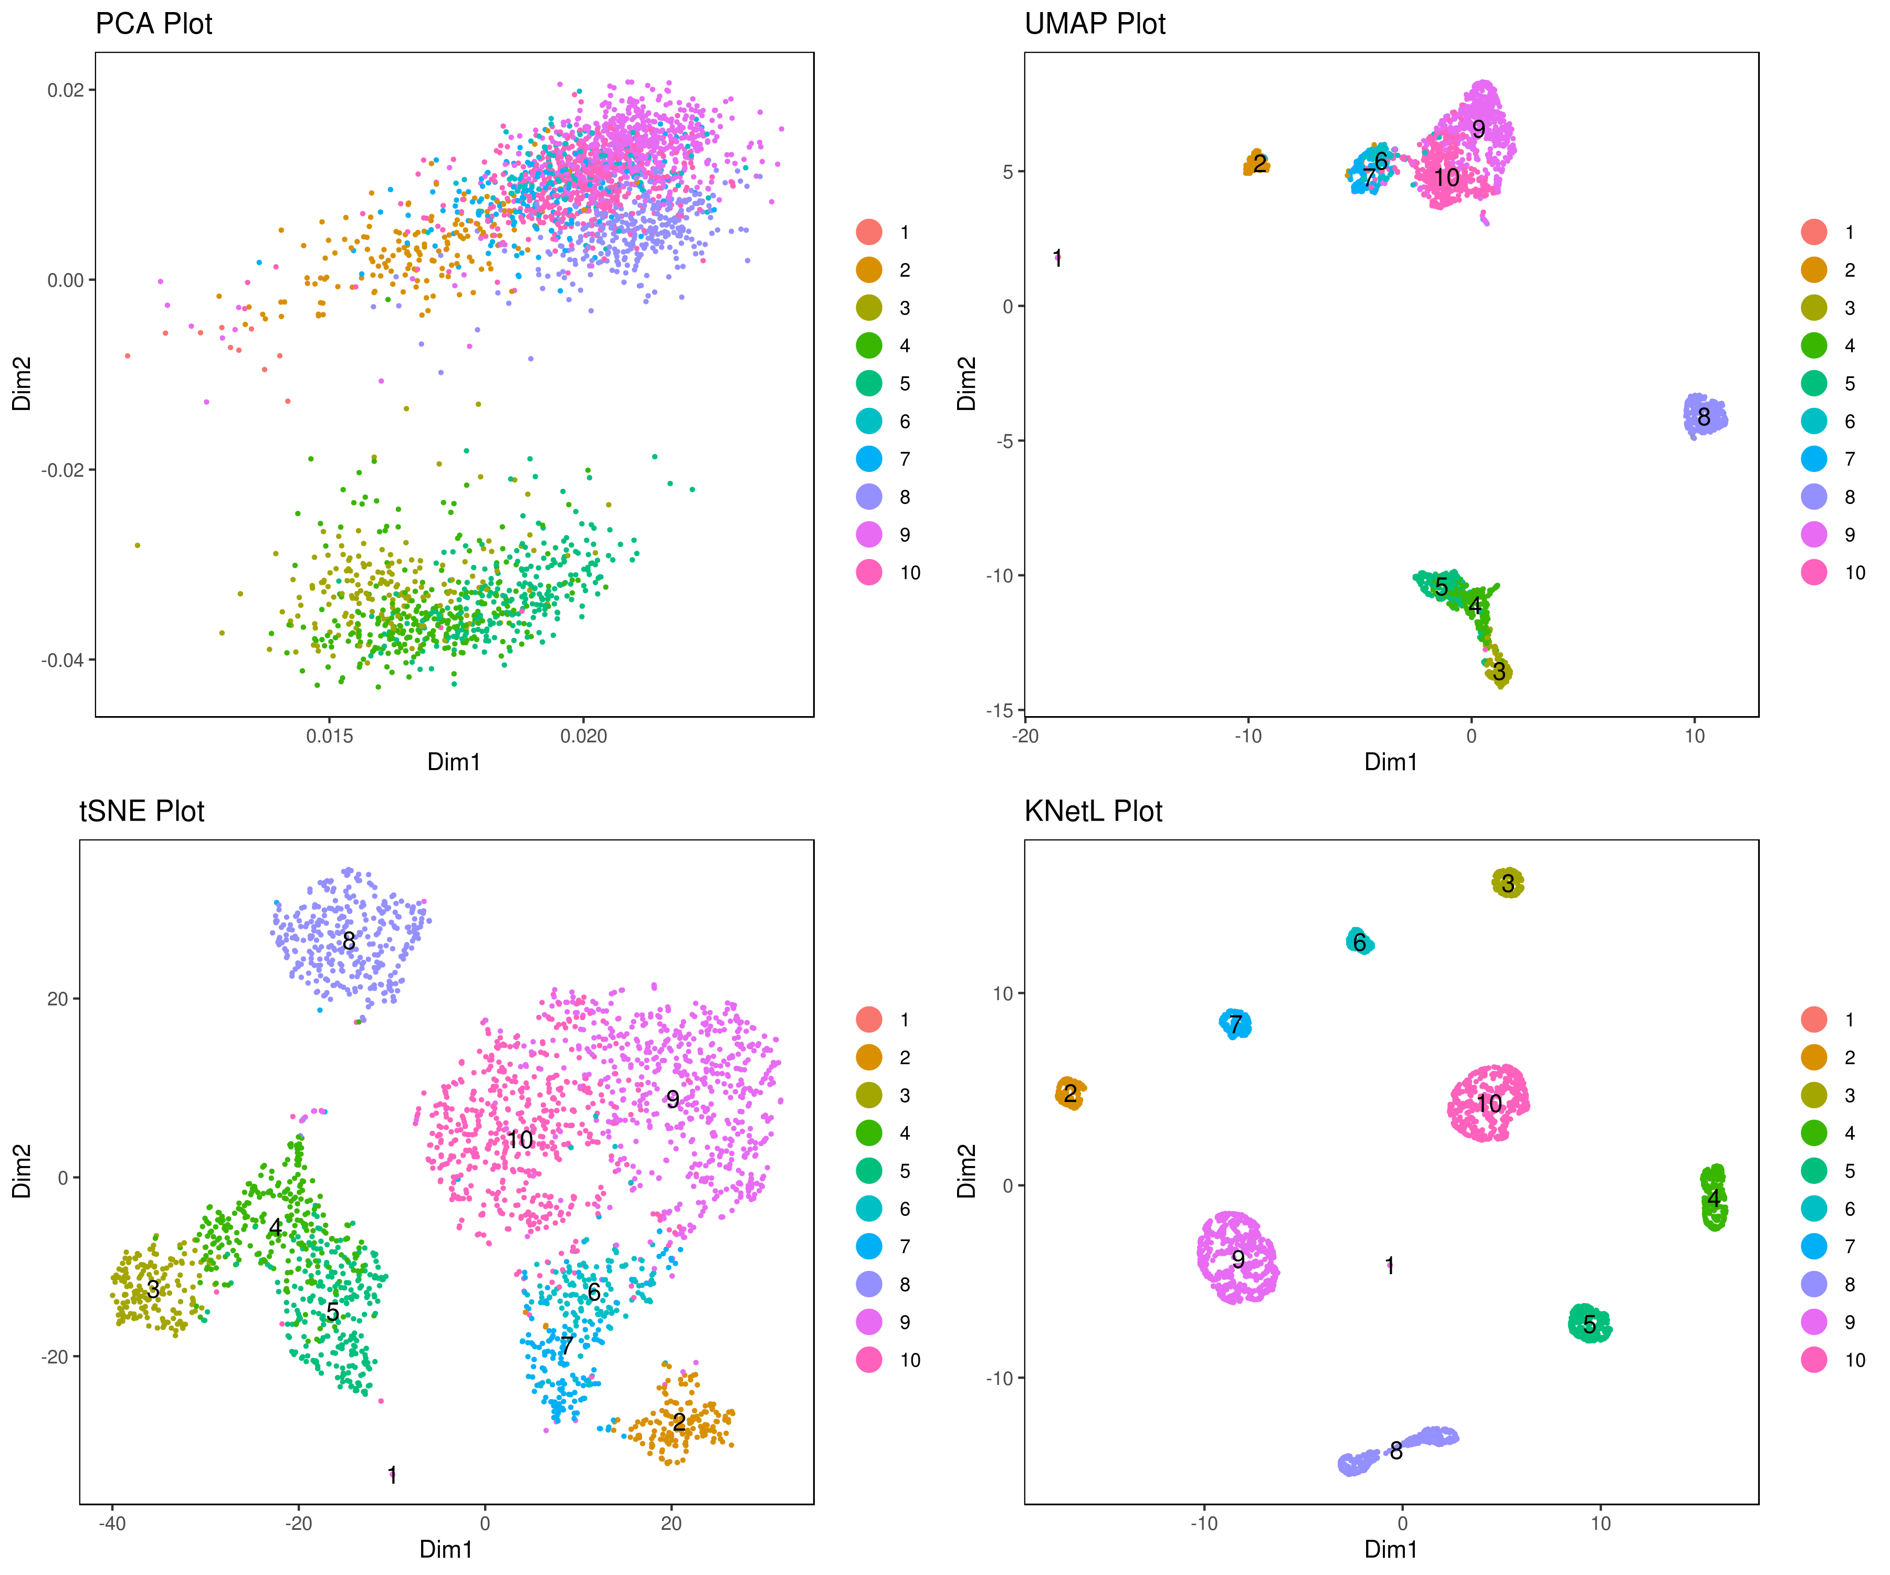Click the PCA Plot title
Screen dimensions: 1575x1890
[x=154, y=24]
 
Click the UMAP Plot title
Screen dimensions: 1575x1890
[x=1095, y=24]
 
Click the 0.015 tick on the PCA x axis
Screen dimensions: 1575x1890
[x=329, y=736]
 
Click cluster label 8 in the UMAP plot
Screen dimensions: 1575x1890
[x=1704, y=417]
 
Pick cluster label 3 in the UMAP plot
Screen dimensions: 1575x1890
[x=1498, y=670]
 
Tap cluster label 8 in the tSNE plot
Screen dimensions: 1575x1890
[x=349, y=940]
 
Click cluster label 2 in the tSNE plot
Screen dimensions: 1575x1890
[x=679, y=1421]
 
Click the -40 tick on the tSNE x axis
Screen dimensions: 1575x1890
[x=112, y=1523]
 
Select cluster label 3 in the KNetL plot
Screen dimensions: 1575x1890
[x=1508, y=884]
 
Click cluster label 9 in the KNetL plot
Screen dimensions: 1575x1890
[x=1238, y=1259]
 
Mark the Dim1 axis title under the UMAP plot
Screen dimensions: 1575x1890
[x=1391, y=762]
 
